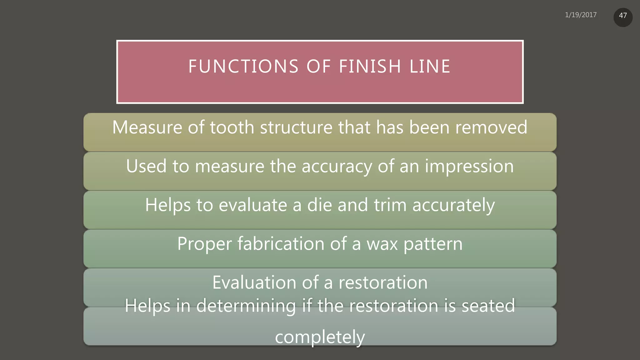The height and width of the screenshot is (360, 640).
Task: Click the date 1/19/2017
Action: (581, 15)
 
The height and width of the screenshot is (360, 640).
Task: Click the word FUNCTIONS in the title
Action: (243, 67)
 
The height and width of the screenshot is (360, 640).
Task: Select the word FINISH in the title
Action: (370, 67)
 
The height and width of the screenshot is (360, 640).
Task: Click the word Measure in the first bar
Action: (147, 127)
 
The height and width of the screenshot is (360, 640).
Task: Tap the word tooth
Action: (232, 127)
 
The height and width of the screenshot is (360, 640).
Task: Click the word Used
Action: (146, 166)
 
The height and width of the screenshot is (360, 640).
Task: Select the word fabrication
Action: (281, 244)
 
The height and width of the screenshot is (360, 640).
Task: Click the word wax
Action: (382, 244)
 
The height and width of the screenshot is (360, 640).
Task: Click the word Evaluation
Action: (254, 282)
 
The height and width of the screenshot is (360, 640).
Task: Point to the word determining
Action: (246, 306)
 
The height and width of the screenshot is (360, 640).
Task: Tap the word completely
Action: (320, 337)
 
